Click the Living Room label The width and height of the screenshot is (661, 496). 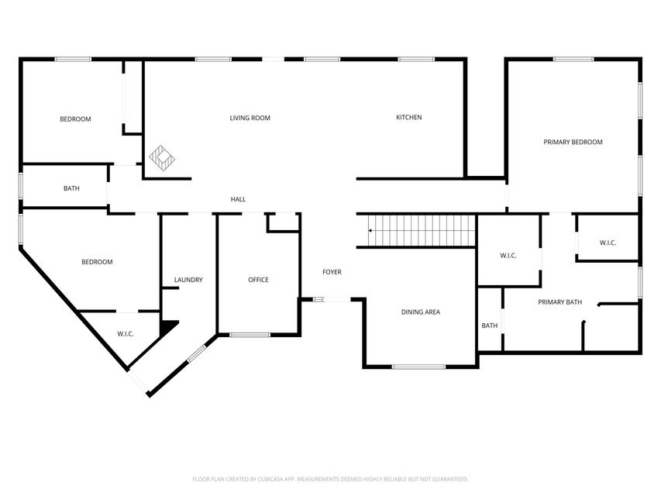point(250,118)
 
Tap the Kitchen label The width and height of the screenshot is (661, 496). point(408,117)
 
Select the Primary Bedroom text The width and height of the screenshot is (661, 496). point(573,142)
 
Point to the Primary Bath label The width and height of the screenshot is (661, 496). point(559,302)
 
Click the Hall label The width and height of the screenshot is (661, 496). point(238,199)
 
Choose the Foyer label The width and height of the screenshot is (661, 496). point(332,272)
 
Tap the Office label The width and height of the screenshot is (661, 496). point(258,280)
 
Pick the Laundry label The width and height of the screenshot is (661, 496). point(188,280)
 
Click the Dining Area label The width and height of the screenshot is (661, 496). point(421,312)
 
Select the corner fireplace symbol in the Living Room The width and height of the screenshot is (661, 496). point(162,158)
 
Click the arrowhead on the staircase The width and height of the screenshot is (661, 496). point(371,230)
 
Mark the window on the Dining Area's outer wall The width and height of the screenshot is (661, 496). point(418,366)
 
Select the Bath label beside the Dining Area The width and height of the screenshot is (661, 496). point(490,325)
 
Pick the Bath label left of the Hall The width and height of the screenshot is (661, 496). point(71,188)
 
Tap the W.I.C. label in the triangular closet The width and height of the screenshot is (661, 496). point(126,334)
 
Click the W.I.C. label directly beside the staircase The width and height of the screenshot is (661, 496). point(508,256)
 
